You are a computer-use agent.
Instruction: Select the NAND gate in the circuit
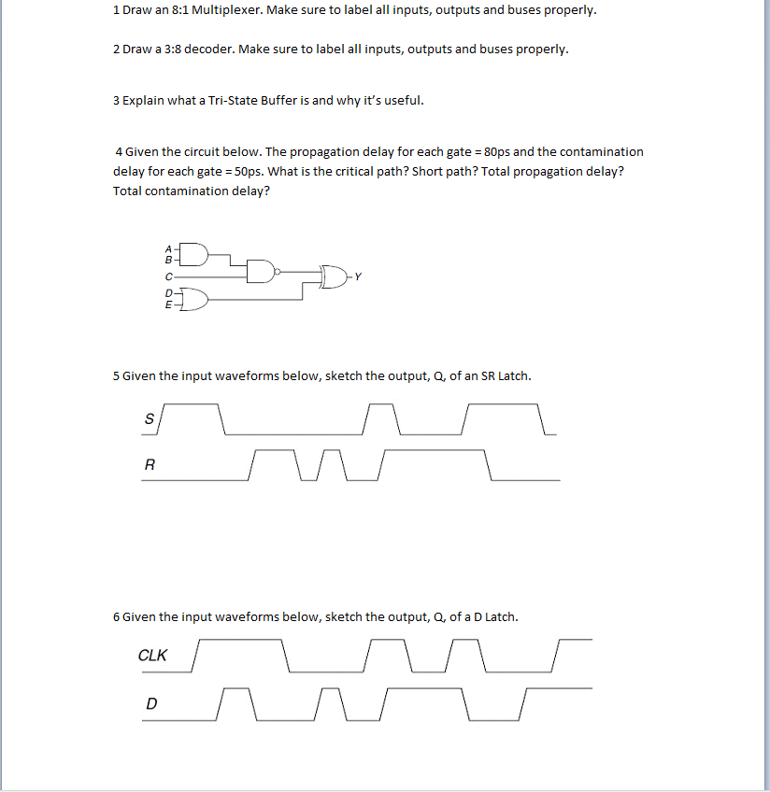point(261,272)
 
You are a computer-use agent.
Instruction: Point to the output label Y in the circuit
point(357,276)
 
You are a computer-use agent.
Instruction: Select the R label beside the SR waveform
point(149,465)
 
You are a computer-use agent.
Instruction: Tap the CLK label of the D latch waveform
point(152,655)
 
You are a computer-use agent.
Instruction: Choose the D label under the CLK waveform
point(150,703)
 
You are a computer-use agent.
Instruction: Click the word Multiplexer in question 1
point(225,10)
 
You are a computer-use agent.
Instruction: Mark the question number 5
point(116,375)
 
